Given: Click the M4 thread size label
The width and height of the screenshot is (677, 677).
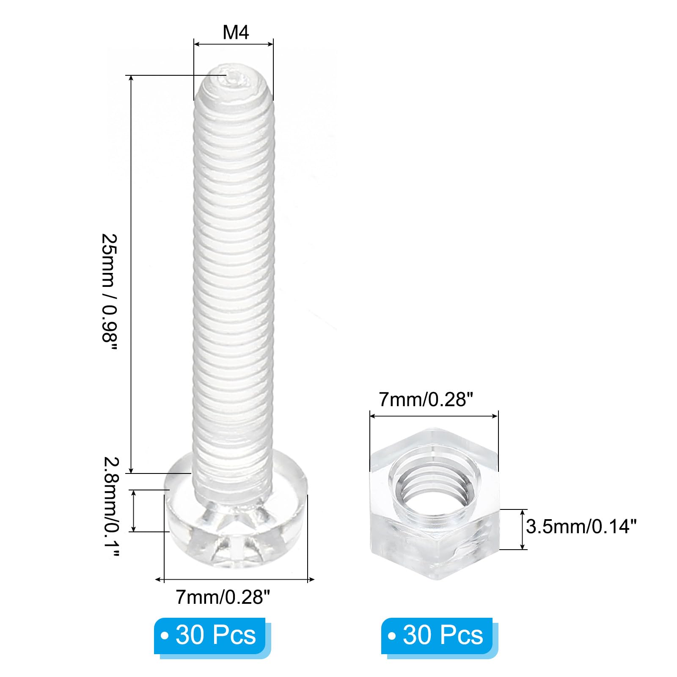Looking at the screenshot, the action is coord(236,32).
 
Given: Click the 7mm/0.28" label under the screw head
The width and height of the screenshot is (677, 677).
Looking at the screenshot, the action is coord(223,597).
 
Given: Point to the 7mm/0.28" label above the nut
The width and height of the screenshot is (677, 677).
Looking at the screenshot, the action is coord(426,399).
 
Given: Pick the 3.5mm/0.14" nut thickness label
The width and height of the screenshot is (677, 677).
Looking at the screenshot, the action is coord(581,527).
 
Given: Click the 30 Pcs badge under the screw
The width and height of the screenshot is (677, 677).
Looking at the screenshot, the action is coord(210,636).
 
